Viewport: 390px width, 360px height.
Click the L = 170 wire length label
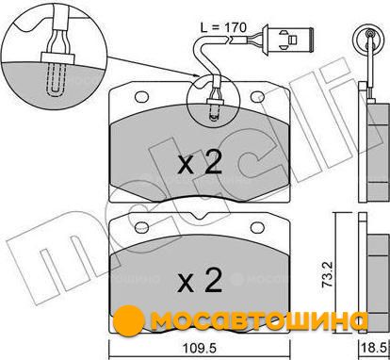click(223, 27)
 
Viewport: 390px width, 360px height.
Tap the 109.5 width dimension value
click(200, 349)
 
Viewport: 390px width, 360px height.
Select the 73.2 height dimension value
click(327, 274)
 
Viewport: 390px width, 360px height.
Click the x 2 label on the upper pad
click(200, 163)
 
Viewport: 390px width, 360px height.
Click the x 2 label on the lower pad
click(200, 281)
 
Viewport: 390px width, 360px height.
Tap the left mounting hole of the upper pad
click(141, 97)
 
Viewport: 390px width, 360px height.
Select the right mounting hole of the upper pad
click(257, 97)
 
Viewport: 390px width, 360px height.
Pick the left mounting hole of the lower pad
click(141, 228)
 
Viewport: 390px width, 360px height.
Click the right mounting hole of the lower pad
click(257, 228)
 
